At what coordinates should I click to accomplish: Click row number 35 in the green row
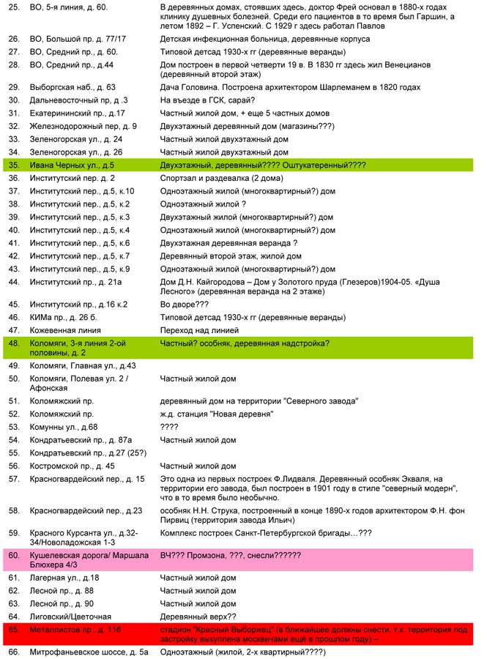(x=13, y=165)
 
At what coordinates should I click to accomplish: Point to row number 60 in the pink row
(x=13, y=555)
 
